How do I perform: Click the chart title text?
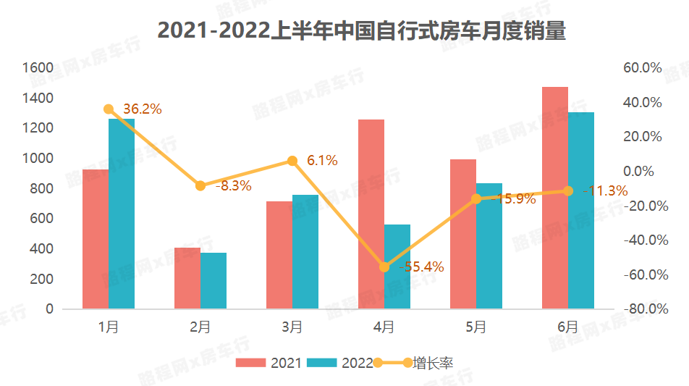(361, 31)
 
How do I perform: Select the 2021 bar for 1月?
(95, 239)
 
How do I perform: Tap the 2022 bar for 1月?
(122, 214)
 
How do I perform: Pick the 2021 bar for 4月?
(371, 214)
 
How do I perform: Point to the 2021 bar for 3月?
(279, 255)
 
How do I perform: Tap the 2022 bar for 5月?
(489, 246)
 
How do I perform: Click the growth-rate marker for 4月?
(384, 267)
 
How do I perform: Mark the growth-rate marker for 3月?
(292, 161)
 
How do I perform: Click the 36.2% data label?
(142, 109)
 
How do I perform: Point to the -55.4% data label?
(421, 267)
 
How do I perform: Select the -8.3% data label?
(233, 186)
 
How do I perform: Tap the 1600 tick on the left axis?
(38, 67)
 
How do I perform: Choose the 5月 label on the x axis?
(476, 327)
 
